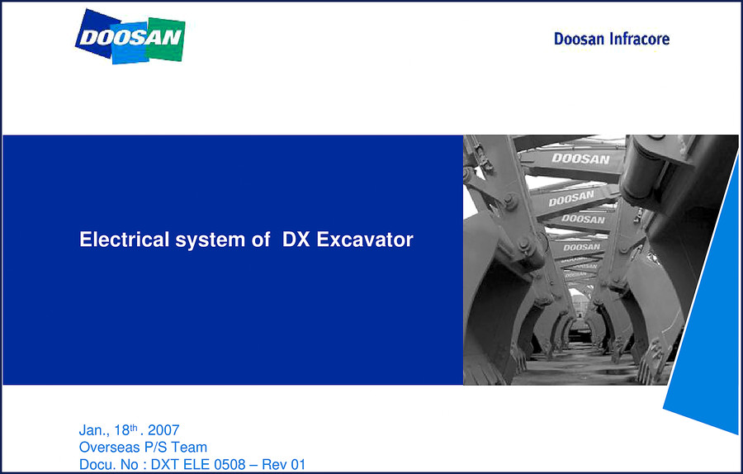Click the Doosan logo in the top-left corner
130,37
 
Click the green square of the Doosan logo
165,40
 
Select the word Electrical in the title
124,239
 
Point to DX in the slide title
296,239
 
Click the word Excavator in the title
365,239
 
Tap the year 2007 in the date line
163,430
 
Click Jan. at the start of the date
94,430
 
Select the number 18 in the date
122,430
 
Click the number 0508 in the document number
230,465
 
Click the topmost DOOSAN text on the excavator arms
581,159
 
